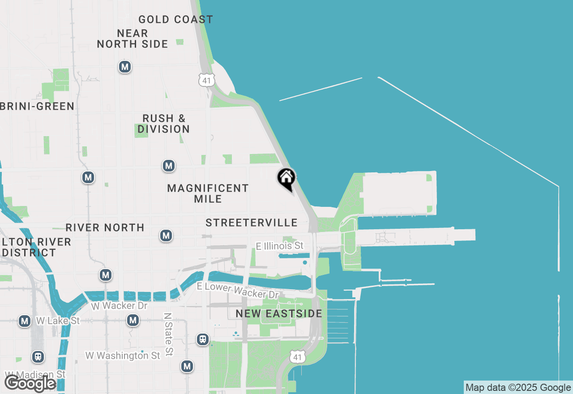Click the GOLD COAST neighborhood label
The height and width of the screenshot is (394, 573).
pos(175,20)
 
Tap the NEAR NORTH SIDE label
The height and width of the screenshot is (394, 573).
pos(133,39)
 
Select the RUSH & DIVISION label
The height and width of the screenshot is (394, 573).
pos(164,124)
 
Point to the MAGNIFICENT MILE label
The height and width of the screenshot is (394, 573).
pos(208,193)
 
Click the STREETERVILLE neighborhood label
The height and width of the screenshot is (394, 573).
pos(252,223)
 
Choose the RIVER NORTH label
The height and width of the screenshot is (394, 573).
pos(105,227)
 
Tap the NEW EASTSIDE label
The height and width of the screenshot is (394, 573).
pos(279,313)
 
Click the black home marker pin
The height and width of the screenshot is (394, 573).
pos(286,179)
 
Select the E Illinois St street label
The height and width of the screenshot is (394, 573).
pos(279,246)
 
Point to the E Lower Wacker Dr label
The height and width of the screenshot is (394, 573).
pos(238,291)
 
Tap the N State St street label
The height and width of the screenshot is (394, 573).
pos(168,334)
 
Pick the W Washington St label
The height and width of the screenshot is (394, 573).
pos(123,355)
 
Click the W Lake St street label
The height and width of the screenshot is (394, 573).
pos(57,321)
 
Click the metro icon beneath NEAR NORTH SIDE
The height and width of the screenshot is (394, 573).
pos(124,67)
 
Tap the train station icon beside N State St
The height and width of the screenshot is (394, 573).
pos(203,339)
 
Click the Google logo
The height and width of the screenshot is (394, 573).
pos(30,383)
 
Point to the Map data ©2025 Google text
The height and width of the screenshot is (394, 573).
pos(518,387)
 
